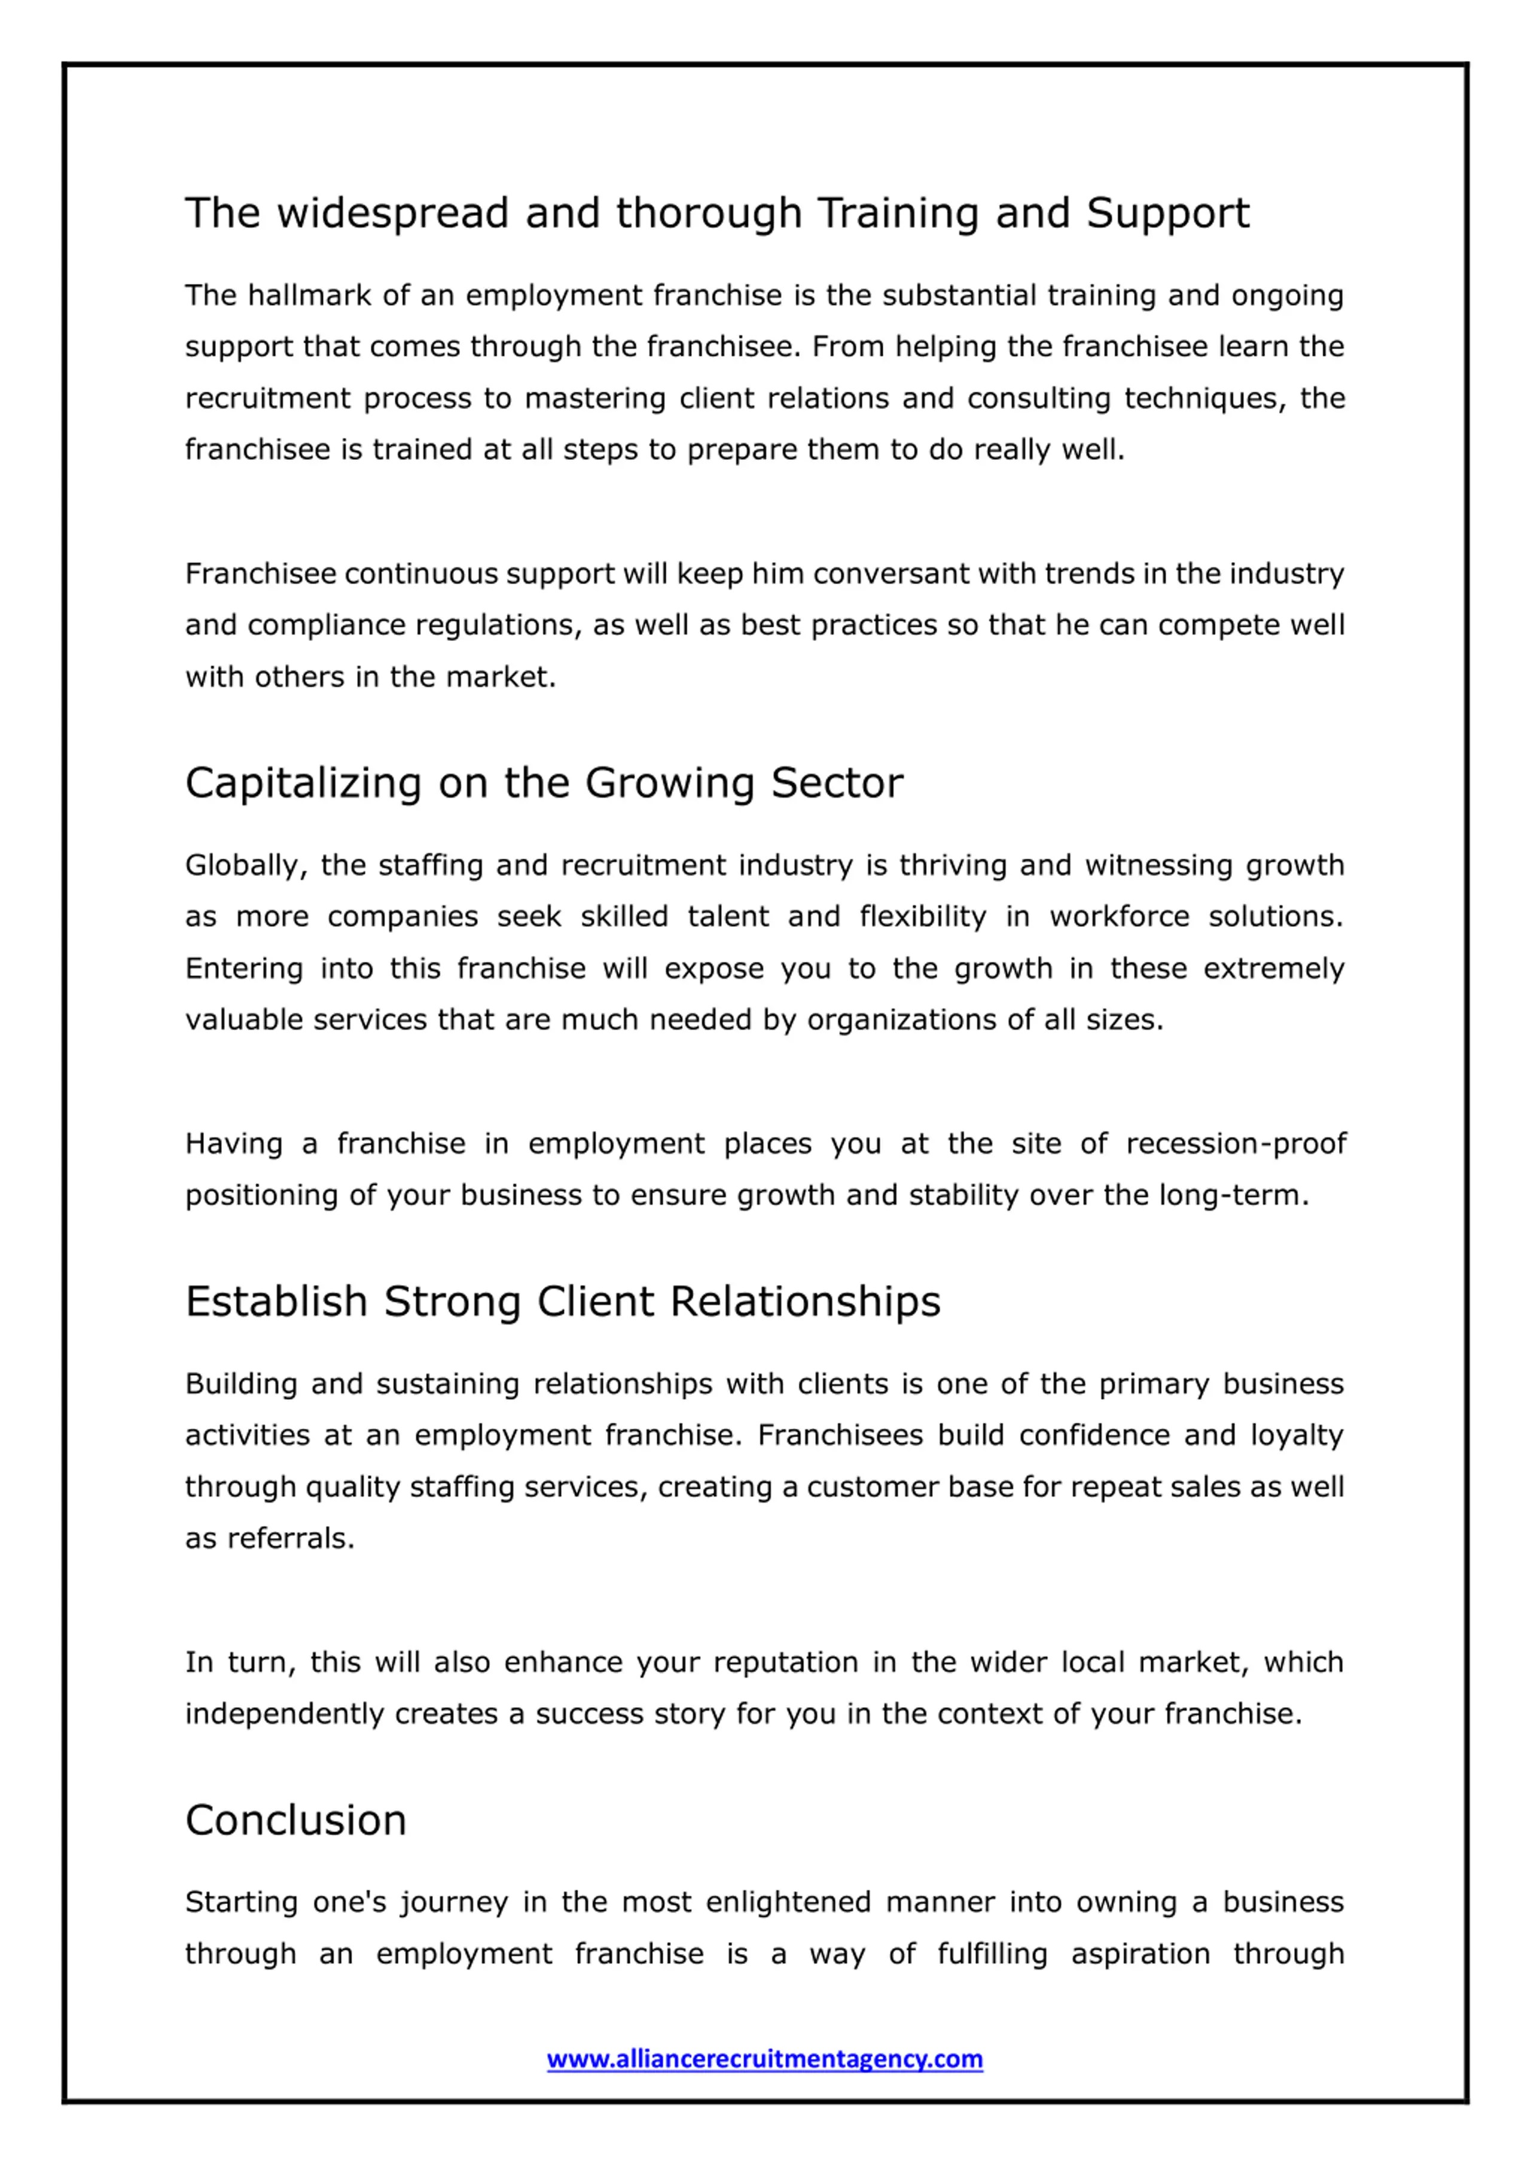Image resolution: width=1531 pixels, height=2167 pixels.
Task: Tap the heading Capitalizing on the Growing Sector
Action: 544,783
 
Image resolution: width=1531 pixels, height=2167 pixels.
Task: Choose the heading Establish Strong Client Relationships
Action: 563,1302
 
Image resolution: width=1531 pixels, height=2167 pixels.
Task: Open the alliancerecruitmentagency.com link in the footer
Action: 764,2058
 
